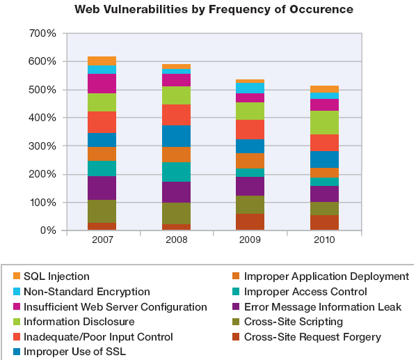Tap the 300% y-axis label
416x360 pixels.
click(42, 146)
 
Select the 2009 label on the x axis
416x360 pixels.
click(250, 240)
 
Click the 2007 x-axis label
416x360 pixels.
click(102, 240)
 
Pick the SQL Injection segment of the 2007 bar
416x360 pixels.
click(102, 61)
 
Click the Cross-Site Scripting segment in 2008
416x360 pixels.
click(177, 214)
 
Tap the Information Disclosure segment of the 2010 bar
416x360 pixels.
click(324, 123)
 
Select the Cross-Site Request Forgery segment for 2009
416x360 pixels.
click(250, 221)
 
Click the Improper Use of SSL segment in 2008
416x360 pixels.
click(177, 136)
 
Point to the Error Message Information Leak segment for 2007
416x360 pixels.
click(102, 188)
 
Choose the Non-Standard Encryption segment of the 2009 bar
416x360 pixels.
click(250, 88)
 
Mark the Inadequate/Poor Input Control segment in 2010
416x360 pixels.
click(324, 143)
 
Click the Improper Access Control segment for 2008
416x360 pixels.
click(177, 172)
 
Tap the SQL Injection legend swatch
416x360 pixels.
click(17, 276)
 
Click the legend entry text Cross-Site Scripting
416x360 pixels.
click(294, 322)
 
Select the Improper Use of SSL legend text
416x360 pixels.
click(74, 352)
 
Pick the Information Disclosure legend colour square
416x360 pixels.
click(17, 322)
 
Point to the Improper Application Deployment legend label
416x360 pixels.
click(326, 276)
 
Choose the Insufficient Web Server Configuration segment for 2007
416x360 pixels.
click(102, 84)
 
